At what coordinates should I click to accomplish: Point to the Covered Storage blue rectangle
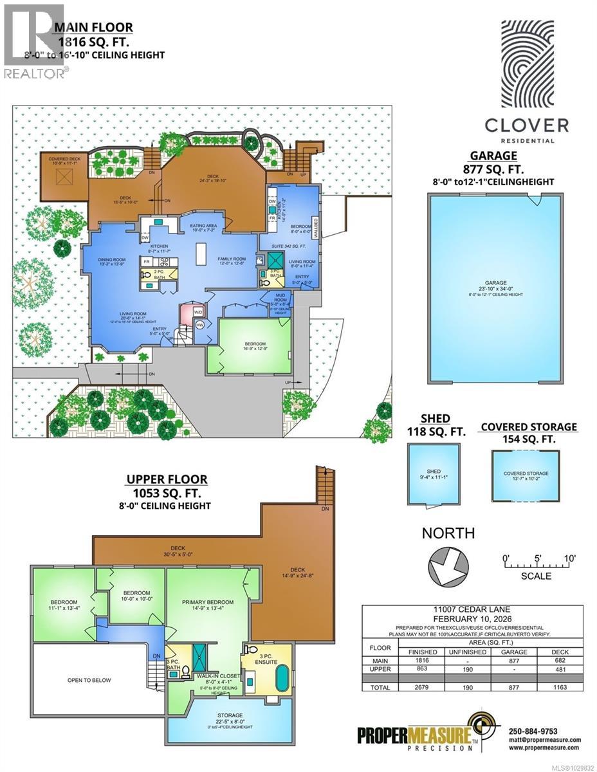point(525,477)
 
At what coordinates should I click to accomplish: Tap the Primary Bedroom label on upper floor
point(207,602)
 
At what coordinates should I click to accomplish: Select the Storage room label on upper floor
point(230,715)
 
